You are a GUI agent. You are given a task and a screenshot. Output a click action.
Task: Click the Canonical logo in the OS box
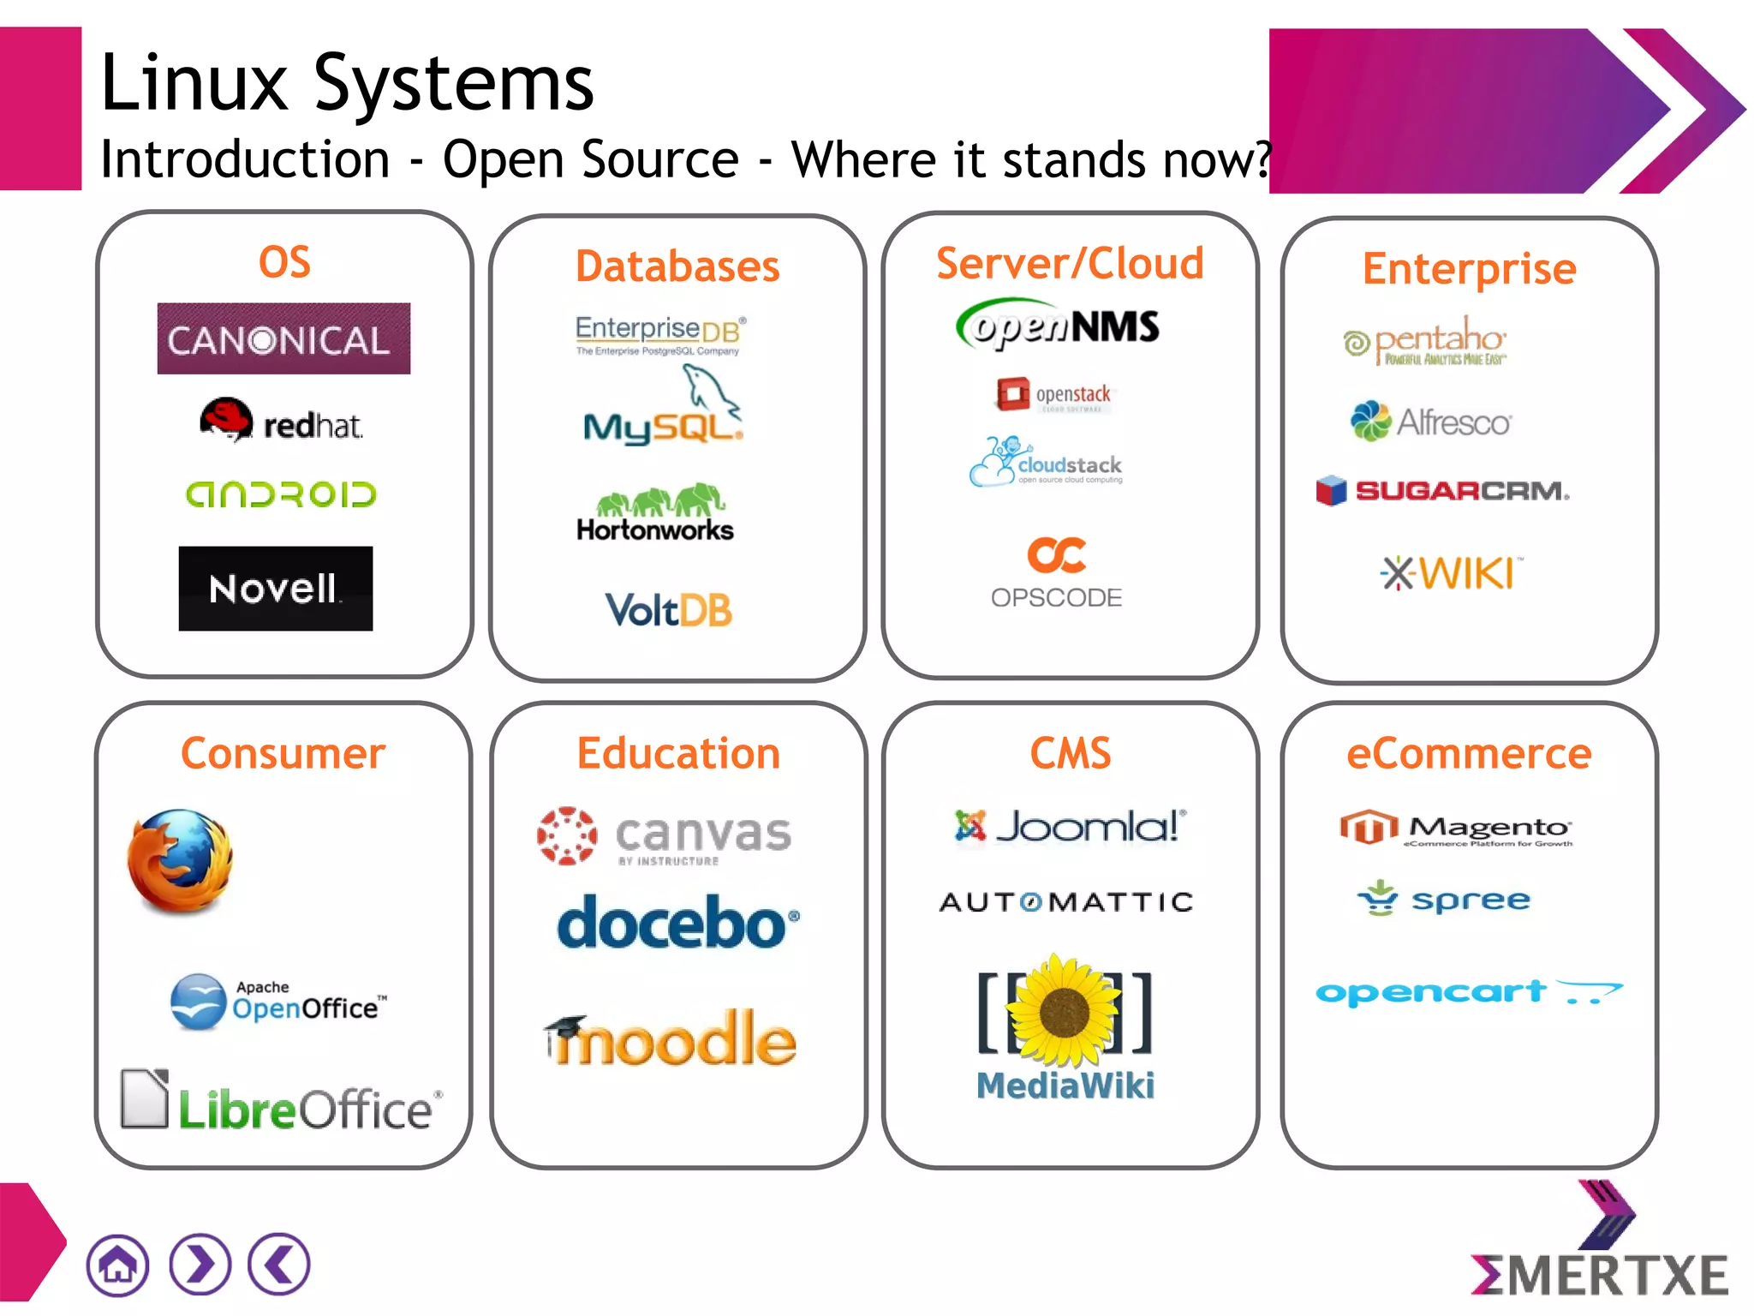click(x=283, y=338)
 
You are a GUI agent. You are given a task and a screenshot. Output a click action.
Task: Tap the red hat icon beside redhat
click(x=226, y=419)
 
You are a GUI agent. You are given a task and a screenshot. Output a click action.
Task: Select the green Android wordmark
click(x=281, y=494)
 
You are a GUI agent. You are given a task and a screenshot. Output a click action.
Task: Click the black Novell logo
click(x=275, y=589)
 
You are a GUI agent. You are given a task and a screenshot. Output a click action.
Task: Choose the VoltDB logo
click(x=669, y=610)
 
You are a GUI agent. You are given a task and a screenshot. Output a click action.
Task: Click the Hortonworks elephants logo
click(x=656, y=513)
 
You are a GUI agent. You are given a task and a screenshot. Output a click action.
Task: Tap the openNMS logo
click(x=1058, y=326)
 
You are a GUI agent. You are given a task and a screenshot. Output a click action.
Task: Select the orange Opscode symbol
click(x=1057, y=555)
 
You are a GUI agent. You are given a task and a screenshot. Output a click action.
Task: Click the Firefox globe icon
click(x=180, y=860)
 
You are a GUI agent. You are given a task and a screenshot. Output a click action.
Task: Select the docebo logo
click(x=677, y=924)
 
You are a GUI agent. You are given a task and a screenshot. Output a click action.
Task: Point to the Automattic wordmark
click(x=1066, y=902)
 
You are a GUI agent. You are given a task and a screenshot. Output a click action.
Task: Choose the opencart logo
click(x=1468, y=992)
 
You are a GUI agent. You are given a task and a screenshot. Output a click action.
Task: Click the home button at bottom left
click(x=117, y=1265)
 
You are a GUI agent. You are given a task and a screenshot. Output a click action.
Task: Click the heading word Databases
click(x=677, y=266)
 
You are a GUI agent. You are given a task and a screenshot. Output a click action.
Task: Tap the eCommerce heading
click(x=1469, y=754)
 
